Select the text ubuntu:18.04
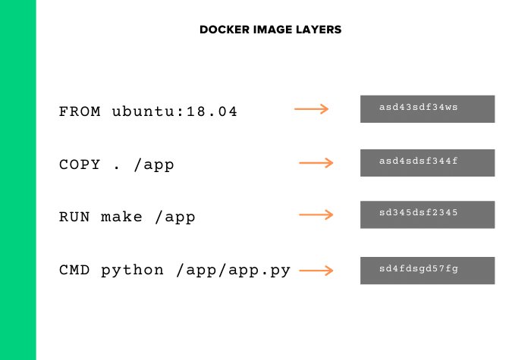tap(174, 111)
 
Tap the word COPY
tap(80, 164)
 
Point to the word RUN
tap(74, 217)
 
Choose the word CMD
tap(74, 270)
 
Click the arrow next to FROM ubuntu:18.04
tap(311, 109)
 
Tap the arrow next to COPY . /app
tap(316, 163)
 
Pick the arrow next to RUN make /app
tap(316, 215)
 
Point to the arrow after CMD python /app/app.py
tap(316, 270)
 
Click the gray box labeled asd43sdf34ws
tap(427, 108)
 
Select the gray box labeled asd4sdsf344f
tap(427, 162)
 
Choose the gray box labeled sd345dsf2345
tap(427, 214)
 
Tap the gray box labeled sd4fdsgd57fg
tap(427, 271)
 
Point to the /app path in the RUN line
tap(175, 218)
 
